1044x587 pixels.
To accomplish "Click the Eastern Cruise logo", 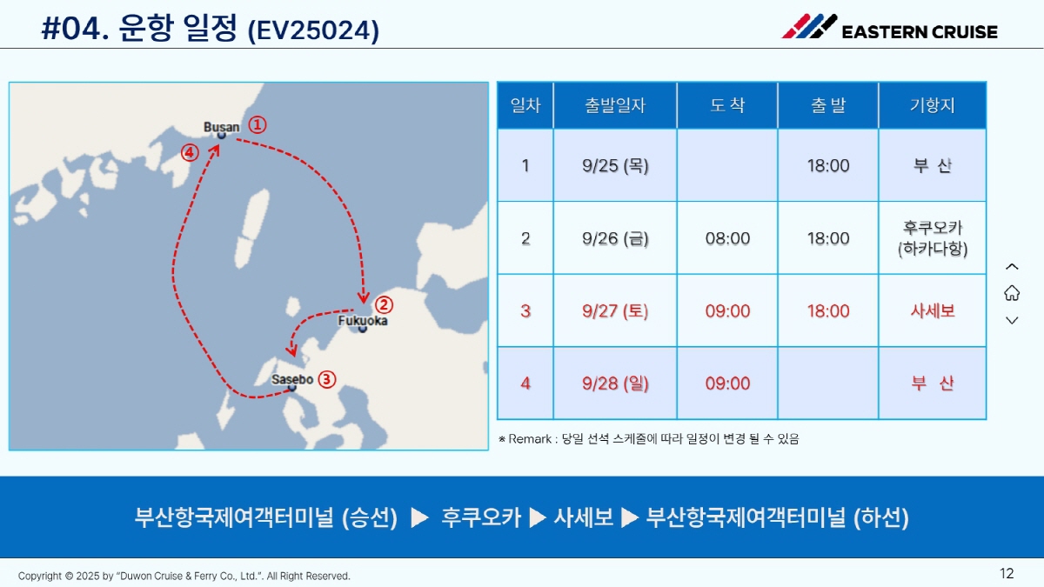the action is [x=890, y=27].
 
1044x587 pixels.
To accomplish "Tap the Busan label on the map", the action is [x=221, y=127].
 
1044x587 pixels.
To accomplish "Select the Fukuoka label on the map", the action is [x=363, y=321].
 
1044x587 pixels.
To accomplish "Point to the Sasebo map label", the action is [x=292, y=379].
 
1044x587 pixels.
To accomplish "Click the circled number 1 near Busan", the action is [x=258, y=125].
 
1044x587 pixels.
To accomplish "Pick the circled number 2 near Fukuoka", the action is [x=384, y=305].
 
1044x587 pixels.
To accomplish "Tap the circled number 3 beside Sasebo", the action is [x=327, y=379].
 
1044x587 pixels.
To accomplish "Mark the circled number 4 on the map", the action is [x=190, y=152].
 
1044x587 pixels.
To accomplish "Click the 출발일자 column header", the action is [x=615, y=105].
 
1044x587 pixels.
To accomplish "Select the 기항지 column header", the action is [x=932, y=105].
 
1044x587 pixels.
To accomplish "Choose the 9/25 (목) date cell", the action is [x=615, y=165].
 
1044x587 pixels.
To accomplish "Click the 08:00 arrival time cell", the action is [x=727, y=238].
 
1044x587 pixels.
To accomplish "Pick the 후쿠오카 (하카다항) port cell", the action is [x=933, y=238].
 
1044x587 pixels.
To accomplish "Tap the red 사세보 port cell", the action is [x=933, y=310].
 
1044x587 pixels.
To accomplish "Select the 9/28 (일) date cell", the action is [x=615, y=384].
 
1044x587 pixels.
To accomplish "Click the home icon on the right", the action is [x=1012, y=293].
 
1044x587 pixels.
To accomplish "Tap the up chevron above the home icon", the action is [x=1012, y=267].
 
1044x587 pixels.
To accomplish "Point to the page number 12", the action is [x=1007, y=573].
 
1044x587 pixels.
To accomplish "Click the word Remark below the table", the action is [x=530, y=439].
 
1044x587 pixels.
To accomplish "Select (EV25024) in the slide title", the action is [x=314, y=30].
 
